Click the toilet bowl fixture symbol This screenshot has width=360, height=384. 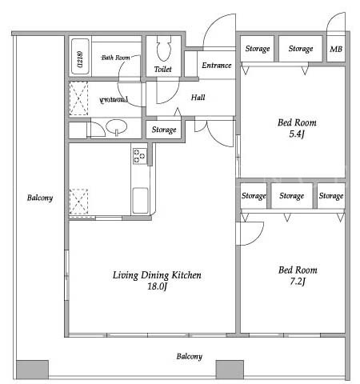[x=163, y=48]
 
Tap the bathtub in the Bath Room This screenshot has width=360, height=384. [x=80, y=57]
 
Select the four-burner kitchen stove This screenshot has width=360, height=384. [x=140, y=156]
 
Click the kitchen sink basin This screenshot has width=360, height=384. [x=140, y=201]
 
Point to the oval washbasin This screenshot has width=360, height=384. [x=117, y=126]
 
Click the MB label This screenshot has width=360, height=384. [x=336, y=49]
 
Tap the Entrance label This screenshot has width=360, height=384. [x=217, y=66]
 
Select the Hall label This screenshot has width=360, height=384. [x=198, y=98]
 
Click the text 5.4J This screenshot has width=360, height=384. [x=297, y=134]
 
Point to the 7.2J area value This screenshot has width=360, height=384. [x=298, y=282]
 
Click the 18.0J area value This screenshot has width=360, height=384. [x=157, y=286]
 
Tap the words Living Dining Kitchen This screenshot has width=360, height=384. [x=157, y=275]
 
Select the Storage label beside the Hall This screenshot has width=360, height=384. [x=164, y=130]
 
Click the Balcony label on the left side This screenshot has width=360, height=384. [x=40, y=198]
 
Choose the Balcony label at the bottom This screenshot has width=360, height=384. [x=190, y=356]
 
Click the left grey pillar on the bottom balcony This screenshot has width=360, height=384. [x=33, y=370]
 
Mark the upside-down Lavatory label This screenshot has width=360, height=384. [x=114, y=100]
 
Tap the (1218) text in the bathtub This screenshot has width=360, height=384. [x=80, y=58]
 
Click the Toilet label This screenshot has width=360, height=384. [x=163, y=70]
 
